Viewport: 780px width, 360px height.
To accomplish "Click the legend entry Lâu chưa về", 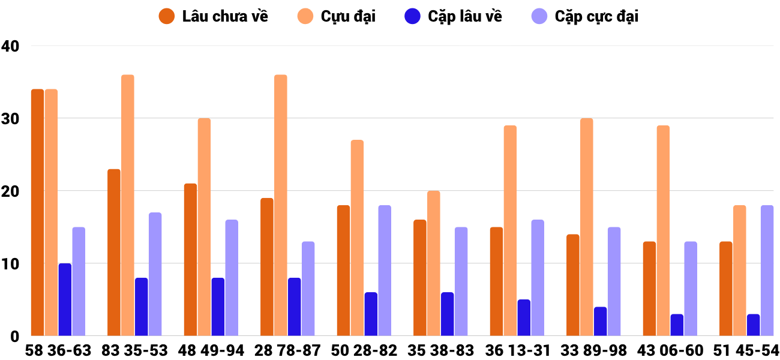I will point(214,16).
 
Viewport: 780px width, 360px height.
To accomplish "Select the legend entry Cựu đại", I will point(339,16).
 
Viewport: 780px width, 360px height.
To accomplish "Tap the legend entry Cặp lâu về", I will point(454,16).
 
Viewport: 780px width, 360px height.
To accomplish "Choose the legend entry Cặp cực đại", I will point(584,16).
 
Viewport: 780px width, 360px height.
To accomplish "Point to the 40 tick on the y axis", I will point(10,46).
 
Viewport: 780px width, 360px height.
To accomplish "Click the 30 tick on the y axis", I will point(10,118).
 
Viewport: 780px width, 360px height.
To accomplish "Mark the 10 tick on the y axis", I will point(10,263).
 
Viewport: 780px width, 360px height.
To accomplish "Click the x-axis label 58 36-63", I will point(58,350).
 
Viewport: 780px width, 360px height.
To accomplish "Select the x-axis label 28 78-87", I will point(287,350).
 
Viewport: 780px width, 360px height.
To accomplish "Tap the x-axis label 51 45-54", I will point(746,350).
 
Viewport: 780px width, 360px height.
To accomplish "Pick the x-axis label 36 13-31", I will point(517,350).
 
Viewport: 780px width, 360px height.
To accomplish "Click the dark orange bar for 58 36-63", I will point(37,212).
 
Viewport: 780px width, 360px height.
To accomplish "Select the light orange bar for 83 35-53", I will point(127,205).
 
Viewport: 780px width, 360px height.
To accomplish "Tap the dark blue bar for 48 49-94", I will point(218,307).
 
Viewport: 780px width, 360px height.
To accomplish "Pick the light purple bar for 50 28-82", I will point(385,271).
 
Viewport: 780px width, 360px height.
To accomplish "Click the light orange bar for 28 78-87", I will point(281,205).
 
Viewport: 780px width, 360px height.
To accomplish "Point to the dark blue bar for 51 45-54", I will point(753,325).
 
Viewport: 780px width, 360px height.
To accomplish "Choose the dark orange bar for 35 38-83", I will point(420,278).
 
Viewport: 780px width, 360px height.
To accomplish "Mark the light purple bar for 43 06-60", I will point(691,289).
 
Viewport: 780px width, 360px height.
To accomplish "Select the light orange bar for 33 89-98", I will point(587,227).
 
